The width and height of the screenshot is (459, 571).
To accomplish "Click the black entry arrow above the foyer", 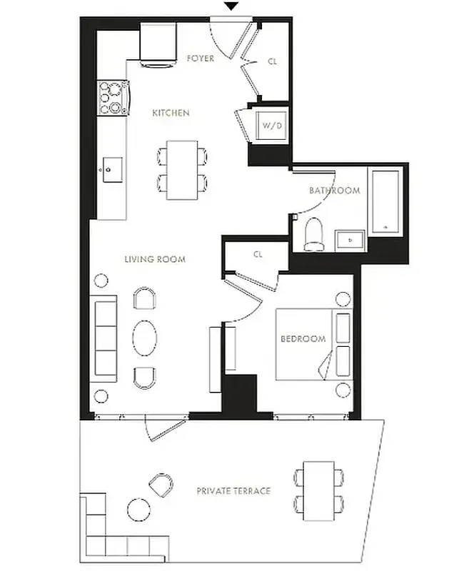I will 231,6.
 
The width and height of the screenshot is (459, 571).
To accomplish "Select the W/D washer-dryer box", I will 271,126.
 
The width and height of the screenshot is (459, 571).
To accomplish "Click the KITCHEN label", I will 171,113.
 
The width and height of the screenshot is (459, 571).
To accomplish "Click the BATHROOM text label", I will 334,191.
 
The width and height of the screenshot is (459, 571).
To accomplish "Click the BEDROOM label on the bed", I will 303,339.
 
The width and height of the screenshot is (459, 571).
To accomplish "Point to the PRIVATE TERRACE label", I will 233,491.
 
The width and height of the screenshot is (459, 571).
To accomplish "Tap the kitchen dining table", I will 183,170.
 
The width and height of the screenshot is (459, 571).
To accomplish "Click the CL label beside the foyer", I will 272,61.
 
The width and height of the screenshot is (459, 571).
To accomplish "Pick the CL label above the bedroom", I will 258,254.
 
